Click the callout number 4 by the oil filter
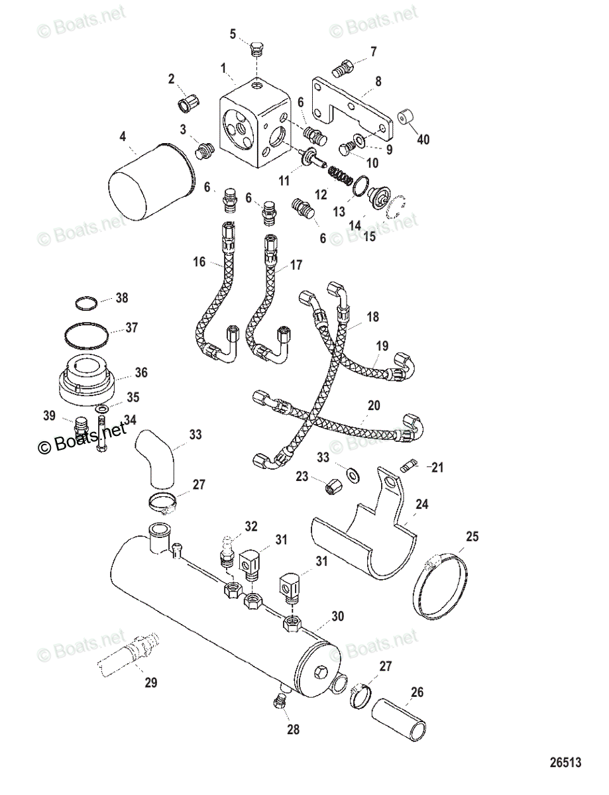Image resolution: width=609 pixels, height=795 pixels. (123, 138)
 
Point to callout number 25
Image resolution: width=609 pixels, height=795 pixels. (471, 537)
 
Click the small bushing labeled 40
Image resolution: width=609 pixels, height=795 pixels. (406, 119)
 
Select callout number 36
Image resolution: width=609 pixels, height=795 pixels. (140, 372)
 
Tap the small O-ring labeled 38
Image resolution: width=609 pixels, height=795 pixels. (86, 303)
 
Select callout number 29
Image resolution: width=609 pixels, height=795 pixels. (151, 682)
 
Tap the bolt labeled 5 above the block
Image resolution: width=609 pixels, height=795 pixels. (258, 49)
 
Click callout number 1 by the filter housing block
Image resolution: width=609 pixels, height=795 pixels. (224, 67)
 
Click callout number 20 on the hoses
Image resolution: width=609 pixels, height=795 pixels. (374, 405)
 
